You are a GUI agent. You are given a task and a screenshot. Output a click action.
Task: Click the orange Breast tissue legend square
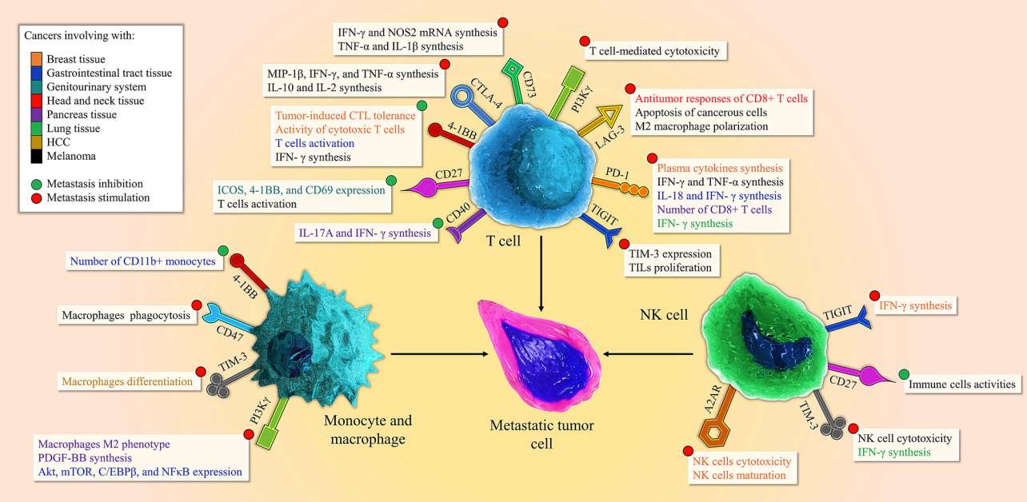pyautogui.click(x=36, y=59)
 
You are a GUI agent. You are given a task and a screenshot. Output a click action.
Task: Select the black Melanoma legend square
pyautogui.click(x=36, y=155)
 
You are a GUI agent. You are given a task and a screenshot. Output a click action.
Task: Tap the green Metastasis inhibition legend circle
pyautogui.click(x=36, y=183)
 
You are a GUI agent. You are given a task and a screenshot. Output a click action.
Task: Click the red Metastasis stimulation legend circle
pyautogui.click(x=36, y=197)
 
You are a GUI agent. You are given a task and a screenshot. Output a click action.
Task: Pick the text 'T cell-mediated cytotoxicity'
pyautogui.click(x=653, y=52)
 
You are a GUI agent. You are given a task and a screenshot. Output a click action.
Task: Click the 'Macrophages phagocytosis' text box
pyautogui.click(x=126, y=316)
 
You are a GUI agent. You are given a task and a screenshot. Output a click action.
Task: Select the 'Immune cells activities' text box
pyautogui.click(x=961, y=385)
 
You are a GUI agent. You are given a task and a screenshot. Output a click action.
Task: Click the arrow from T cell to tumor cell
pyautogui.click(x=541, y=277)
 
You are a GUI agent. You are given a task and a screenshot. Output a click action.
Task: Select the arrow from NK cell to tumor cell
pyautogui.click(x=648, y=353)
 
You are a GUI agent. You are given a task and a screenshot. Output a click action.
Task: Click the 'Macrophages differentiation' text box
pyautogui.click(x=126, y=382)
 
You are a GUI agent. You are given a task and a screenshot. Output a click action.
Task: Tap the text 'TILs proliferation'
pyautogui.click(x=670, y=267)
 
